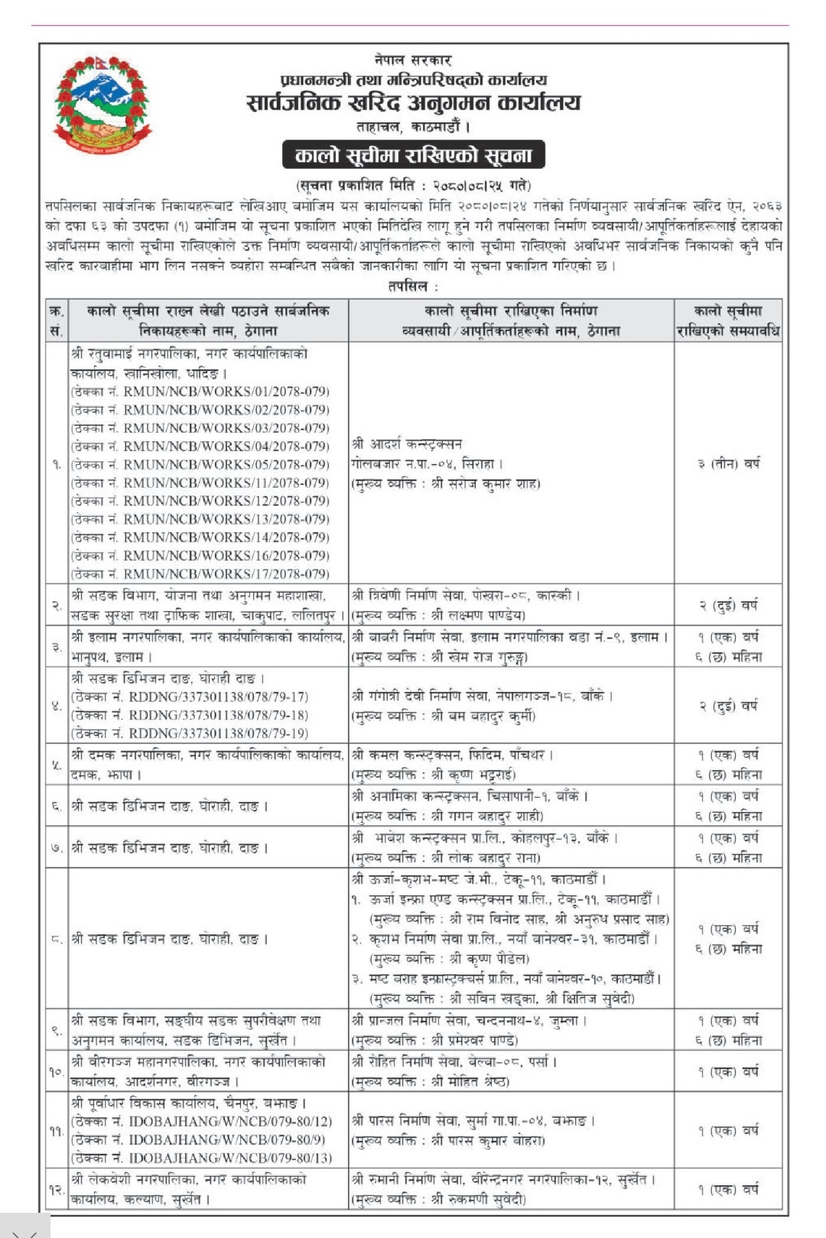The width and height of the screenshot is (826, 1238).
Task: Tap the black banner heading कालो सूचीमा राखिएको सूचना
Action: pos(413,155)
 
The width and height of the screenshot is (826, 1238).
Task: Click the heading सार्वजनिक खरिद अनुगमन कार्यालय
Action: pos(413,103)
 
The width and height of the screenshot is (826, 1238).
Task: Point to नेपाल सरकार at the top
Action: pos(413,60)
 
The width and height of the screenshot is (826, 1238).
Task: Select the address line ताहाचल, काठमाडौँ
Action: pos(413,126)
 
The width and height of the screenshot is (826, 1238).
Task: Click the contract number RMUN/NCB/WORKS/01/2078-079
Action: pos(226,392)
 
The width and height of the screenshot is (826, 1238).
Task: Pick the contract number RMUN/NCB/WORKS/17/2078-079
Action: pos(226,574)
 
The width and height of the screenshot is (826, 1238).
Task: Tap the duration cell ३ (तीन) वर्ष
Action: pos(728,463)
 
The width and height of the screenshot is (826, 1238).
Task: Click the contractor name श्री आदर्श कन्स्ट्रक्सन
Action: pos(407,444)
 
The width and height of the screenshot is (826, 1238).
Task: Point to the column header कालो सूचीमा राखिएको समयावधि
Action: pos(728,320)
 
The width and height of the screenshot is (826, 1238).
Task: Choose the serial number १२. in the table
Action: pos(57,1190)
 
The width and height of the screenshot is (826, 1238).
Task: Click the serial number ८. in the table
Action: pos(57,939)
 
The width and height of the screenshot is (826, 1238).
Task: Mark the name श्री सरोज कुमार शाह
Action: pos(486,483)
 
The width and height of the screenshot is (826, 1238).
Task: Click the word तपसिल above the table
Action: pos(413,287)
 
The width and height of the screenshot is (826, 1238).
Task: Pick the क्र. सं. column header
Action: pos(57,320)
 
